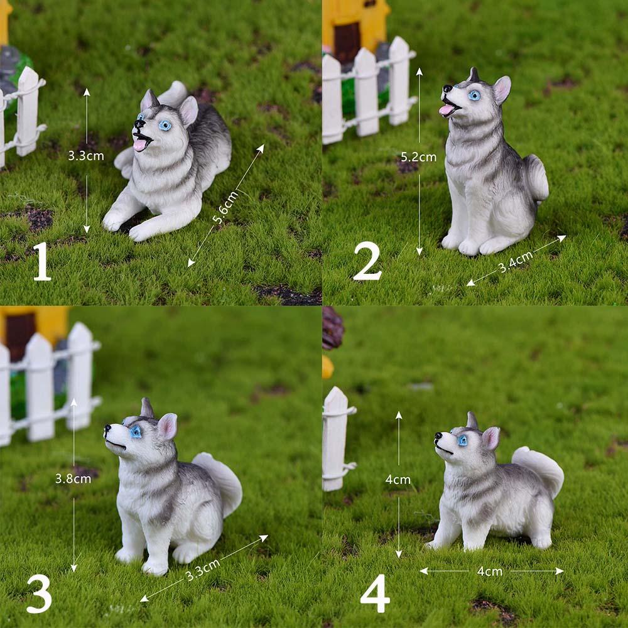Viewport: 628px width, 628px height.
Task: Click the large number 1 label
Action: [x=41, y=261]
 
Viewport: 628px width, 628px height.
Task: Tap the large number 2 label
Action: [x=367, y=261]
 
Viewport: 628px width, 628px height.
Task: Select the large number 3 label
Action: [x=39, y=593]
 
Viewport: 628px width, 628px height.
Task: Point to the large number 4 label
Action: [x=375, y=593]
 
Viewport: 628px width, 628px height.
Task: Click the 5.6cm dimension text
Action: [x=225, y=207]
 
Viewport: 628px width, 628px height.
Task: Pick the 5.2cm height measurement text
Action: [x=418, y=157]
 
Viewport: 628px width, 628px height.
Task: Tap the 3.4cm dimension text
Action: [x=516, y=262]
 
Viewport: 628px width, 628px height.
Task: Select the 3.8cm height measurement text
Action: [x=73, y=479]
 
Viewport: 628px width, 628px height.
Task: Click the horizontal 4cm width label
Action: [x=489, y=571]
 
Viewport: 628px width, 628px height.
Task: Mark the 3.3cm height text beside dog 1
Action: [x=85, y=156]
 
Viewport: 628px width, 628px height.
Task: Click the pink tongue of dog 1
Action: [x=139, y=144]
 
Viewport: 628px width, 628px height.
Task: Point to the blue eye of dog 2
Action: [x=474, y=95]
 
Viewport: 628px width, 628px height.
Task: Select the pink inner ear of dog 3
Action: [x=168, y=427]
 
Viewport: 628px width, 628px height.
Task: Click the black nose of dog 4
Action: [x=438, y=435]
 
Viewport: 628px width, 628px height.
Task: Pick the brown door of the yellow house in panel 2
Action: [x=347, y=42]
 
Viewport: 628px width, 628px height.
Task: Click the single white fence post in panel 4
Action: [x=335, y=439]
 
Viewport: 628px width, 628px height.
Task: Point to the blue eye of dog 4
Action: [x=463, y=441]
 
